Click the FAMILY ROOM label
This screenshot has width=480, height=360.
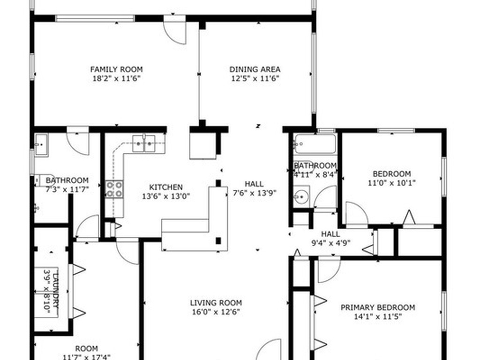[x=116, y=69]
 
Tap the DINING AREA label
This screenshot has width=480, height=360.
[x=255, y=69]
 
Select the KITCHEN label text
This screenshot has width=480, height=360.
[x=166, y=187]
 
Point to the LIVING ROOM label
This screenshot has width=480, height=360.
[x=216, y=303]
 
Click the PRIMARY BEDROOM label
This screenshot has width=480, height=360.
[x=378, y=307]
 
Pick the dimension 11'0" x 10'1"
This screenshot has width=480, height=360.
[x=392, y=183]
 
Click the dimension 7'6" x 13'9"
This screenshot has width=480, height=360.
[x=255, y=193]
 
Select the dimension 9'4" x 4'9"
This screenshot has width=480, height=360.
[x=330, y=243]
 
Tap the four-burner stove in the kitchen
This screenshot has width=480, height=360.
[x=115, y=189]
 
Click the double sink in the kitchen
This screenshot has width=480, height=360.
[x=144, y=143]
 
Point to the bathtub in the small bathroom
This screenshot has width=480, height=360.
[x=315, y=144]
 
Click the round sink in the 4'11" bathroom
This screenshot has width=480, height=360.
[x=301, y=196]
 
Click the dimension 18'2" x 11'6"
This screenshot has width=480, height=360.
[x=116, y=79]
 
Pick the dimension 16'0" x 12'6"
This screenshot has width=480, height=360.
[x=216, y=312]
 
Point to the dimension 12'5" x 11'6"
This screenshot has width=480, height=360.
[x=255, y=79]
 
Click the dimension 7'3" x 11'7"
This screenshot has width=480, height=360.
[x=67, y=189]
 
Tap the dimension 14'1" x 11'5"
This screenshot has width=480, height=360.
[x=378, y=316]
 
